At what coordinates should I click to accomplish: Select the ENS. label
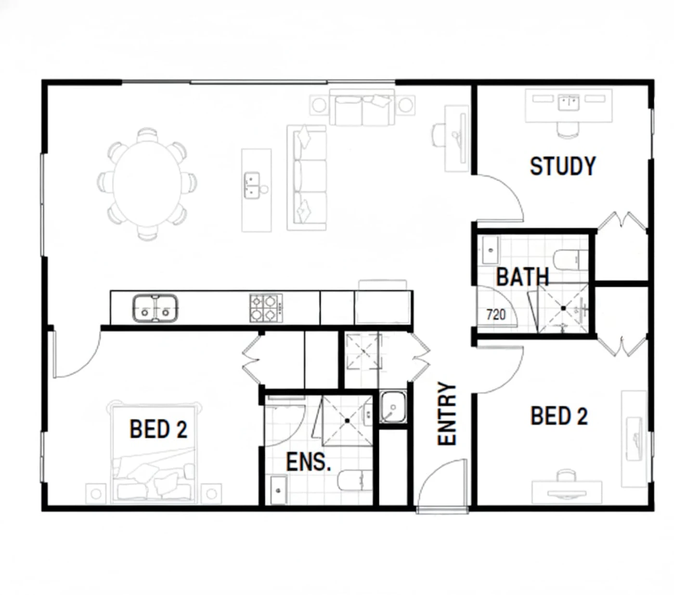(309, 462)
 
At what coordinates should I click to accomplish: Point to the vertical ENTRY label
(446, 414)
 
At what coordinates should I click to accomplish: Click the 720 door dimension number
(496, 314)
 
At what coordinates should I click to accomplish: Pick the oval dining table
(147, 184)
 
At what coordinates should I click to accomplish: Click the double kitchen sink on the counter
(155, 308)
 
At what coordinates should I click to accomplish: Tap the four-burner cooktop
(266, 308)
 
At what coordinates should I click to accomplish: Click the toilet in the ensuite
(355, 480)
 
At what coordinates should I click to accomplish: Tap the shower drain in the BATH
(563, 308)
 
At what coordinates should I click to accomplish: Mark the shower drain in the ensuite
(347, 421)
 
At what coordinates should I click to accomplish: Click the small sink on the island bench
(252, 185)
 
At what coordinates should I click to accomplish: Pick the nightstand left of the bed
(96, 493)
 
